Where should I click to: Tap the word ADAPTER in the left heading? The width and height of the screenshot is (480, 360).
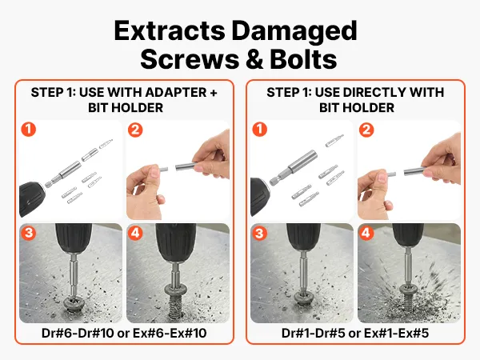tap(176, 92)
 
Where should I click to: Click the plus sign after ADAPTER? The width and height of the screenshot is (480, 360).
tap(214, 93)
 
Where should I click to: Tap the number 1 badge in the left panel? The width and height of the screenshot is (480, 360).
tap(29, 130)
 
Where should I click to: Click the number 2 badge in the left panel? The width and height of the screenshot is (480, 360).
tap(135, 130)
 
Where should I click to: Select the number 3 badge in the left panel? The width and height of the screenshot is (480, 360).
tap(29, 233)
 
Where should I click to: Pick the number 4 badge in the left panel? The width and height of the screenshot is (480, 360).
tap(135, 233)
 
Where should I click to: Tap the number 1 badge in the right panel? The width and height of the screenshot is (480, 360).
tap(259, 130)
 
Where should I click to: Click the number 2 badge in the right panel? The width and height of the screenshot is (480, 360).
tap(366, 130)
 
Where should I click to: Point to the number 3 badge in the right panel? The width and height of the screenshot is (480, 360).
tap(259, 233)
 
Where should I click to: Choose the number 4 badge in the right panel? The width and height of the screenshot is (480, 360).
tap(366, 233)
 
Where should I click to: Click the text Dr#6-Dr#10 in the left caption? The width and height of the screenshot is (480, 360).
tap(78, 333)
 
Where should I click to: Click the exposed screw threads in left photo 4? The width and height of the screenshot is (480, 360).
tap(175, 306)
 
